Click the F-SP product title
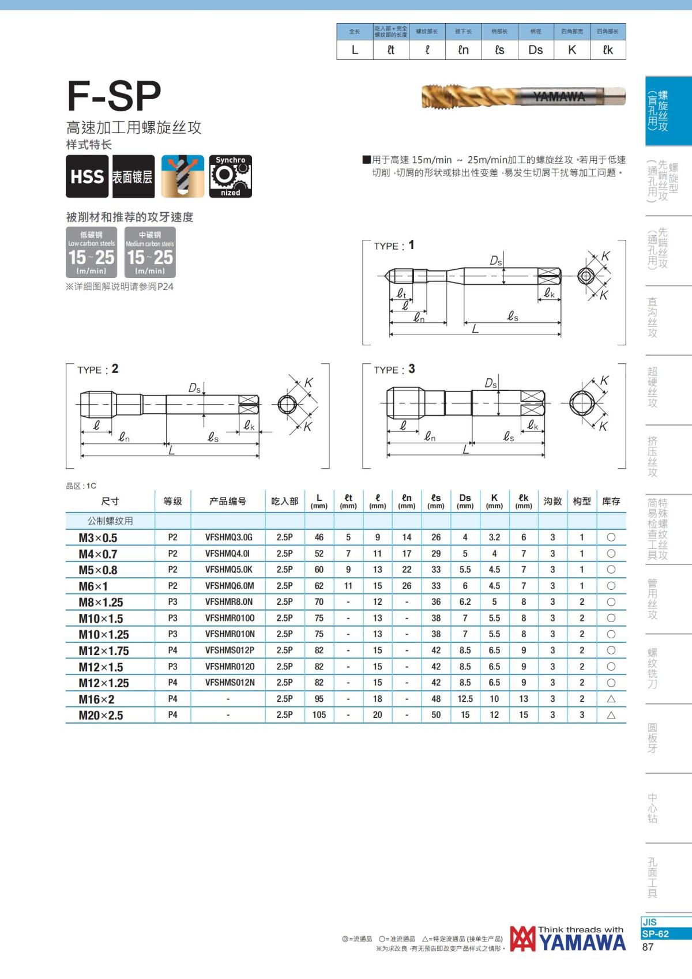click(114, 96)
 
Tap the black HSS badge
click(87, 176)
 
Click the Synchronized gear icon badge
click(230, 176)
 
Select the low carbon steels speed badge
click(92, 253)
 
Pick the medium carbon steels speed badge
click(150, 253)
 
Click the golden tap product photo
click(523, 96)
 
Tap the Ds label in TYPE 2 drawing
click(194, 389)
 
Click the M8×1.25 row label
click(101, 603)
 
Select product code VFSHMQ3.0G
click(228, 537)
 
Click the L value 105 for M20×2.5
click(319, 715)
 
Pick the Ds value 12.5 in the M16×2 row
click(465, 699)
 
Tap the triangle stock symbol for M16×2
click(611, 699)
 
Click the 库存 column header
click(611, 502)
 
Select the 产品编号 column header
click(228, 502)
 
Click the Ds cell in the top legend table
click(535, 50)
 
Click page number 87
click(648, 947)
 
